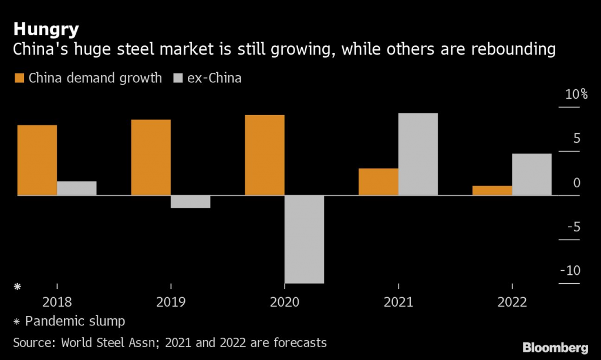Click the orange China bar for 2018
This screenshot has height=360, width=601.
coord(37,160)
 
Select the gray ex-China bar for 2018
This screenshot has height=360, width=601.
coord(77,188)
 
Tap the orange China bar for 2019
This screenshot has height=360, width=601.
coord(151,157)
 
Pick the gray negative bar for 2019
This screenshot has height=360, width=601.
coord(191,201)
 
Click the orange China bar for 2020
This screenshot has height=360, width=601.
coord(265,155)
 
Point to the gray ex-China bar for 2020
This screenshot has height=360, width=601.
coord(305,239)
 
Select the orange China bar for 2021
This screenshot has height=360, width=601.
coord(379,181)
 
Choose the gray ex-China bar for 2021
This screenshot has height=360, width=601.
coord(418,154)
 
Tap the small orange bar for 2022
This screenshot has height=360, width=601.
coord(492,190)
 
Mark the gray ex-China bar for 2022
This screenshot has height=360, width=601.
coord(532,174)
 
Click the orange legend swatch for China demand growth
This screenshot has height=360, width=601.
coord(19,78)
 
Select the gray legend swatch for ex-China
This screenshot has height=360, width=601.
coord(178,78)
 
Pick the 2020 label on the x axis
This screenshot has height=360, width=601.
coord(285,302)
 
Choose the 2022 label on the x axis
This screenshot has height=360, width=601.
coord(512,302)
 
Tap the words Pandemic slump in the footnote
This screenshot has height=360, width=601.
coord(75,322)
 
